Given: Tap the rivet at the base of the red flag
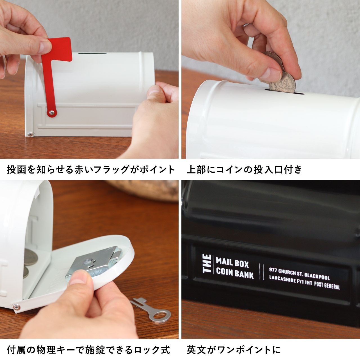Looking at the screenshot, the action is pos(52,112).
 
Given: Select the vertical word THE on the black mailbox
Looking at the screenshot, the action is pos(207,264).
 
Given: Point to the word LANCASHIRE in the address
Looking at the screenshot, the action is pos(282,280).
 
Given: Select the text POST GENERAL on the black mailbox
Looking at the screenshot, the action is pos(327,285).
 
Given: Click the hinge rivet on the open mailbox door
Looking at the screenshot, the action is pos(16,307).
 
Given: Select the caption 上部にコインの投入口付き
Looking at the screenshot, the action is pos(244,169).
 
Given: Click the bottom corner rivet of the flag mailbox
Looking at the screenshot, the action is pos(30,134).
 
